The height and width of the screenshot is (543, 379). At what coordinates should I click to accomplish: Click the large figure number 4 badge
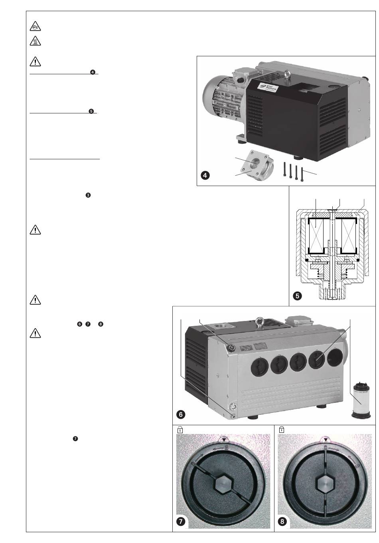206,176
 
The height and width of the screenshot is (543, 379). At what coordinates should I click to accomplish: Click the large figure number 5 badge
297,296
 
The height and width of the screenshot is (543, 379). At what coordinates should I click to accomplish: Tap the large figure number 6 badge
181,414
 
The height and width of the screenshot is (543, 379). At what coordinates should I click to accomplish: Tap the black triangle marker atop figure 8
325,439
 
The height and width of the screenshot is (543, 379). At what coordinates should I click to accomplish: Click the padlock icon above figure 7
180,430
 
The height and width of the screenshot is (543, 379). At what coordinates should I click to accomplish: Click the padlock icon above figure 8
282,430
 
